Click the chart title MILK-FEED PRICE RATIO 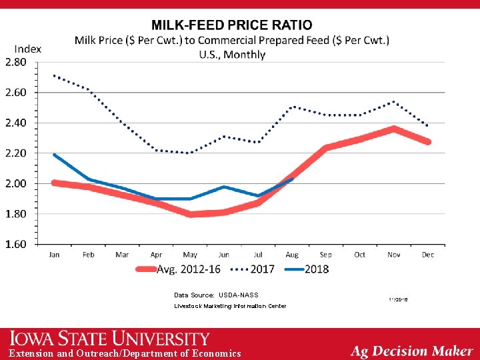[231, 25]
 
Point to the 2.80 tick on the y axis [16, 62]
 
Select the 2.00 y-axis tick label [16, 183]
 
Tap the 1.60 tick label [16, 244]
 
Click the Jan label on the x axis [54, 255]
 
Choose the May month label [190, 255]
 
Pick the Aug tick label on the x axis [292, 255]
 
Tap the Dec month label [428, 255]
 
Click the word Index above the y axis [27, 49]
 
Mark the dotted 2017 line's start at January [54, 75]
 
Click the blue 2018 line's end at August [292, 179]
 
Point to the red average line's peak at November [394, 129]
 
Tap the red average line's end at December [428, 142]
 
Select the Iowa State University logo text [109, 339]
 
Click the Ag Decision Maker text [411, 351]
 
